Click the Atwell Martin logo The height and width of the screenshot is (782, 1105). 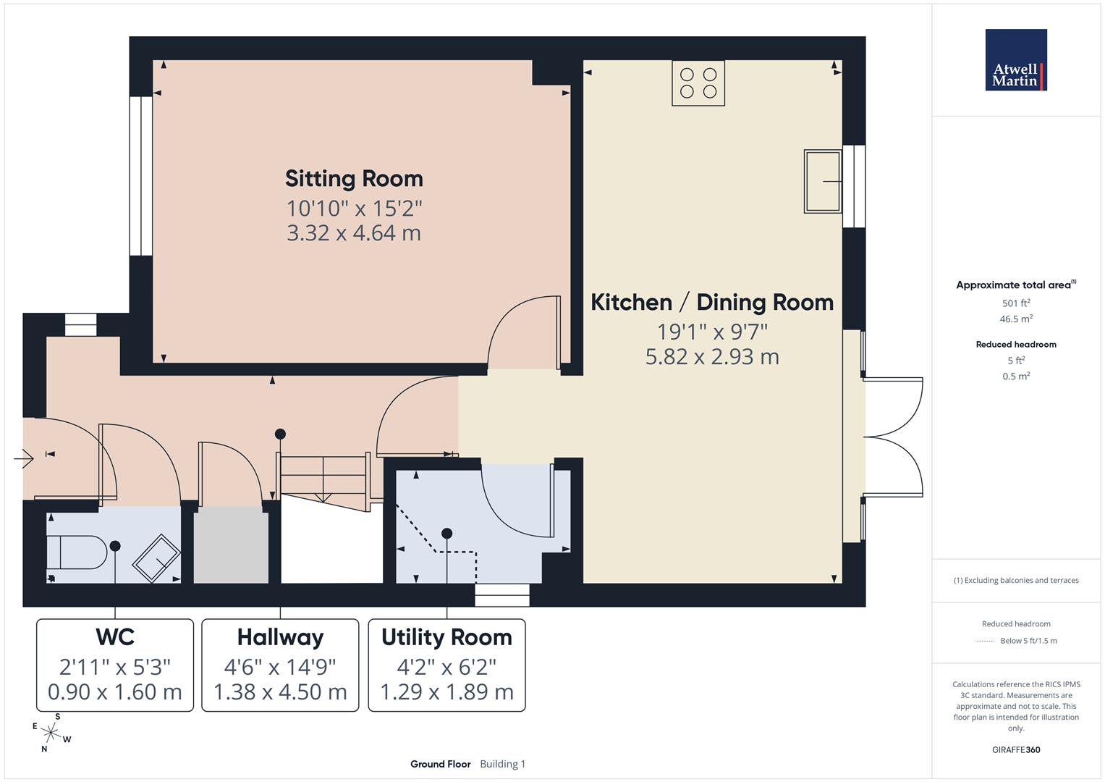point(1016,60)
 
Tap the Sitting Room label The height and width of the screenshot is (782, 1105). point(354,178)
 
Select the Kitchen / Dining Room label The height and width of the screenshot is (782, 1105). point(712,302)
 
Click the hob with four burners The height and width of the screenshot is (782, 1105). point(698,83)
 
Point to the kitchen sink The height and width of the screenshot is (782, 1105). point(823,181)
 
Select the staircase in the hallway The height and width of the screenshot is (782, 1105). point(324,477)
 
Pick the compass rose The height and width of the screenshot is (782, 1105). point(51,733)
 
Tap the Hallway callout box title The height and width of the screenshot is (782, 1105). point(280,637)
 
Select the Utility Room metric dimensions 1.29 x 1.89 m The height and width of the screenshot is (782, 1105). point(446,692)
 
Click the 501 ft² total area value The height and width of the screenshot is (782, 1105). point(1016,303)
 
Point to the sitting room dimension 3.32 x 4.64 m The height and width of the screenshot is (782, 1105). point(354,233)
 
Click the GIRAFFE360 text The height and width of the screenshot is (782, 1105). point(1016,749)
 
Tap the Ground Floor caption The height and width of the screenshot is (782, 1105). point(440,764)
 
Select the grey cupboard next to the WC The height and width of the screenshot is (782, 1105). point(230,545)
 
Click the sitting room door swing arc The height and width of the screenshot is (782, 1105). point(520,326)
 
